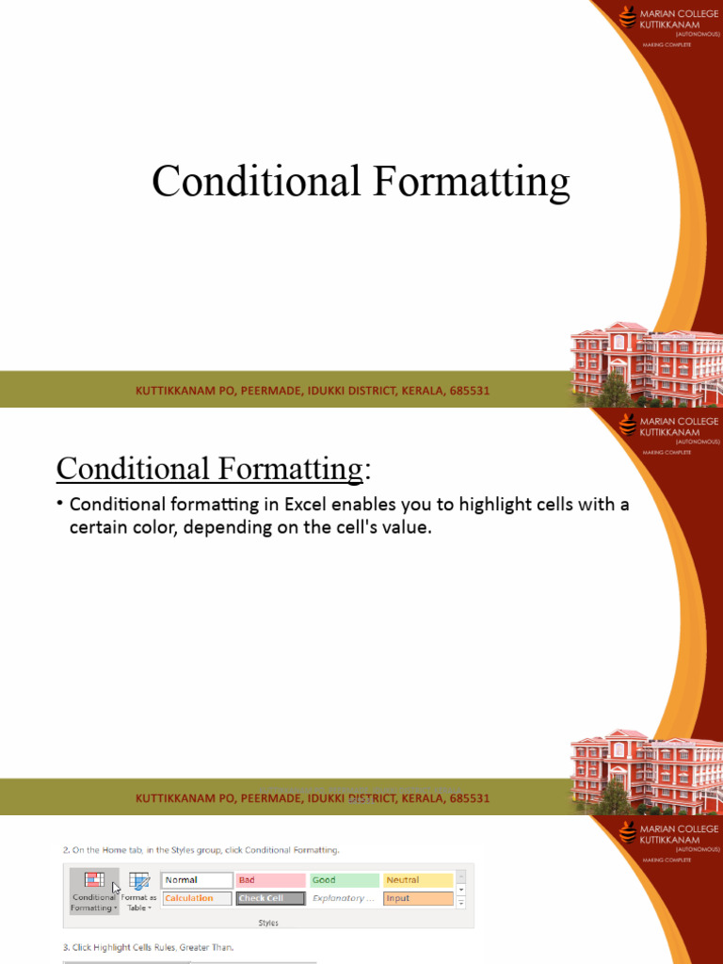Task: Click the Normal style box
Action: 197,880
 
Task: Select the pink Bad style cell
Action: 270,880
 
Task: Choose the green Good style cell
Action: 344,880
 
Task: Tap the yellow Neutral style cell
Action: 417,880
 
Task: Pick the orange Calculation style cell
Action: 197,898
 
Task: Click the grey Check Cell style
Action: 270,898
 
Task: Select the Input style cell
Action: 417,898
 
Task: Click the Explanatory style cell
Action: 344,898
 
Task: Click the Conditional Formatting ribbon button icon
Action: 94,880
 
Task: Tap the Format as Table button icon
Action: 139,881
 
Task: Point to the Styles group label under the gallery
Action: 268,924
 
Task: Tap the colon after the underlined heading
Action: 365,468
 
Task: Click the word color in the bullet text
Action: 149,527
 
